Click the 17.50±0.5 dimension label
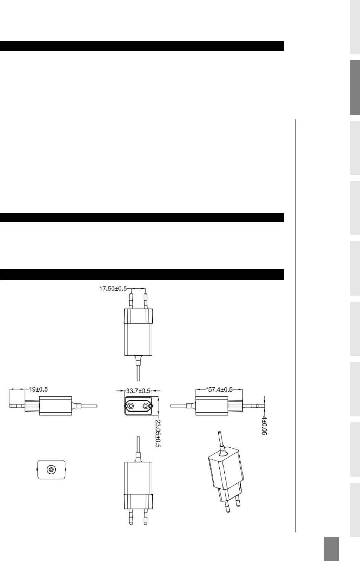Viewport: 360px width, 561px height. click(x=113, y=288)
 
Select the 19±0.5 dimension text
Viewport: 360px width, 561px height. click(x=38, y=389)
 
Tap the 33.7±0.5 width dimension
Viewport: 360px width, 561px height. click(x=138, y=391)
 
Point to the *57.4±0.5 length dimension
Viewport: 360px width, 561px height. click(x=219, y=390)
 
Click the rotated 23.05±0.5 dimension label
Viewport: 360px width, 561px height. click(x=158, y=434)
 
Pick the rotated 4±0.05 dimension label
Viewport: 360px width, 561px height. click(x=264, y=426)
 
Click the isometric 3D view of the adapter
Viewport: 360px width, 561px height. click(x=226, y=472)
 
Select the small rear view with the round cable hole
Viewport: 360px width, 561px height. click(x=51, y=469)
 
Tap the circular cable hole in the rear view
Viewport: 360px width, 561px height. click(x=51, y=469)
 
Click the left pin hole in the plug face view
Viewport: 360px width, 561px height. click(x=131, y=406)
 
